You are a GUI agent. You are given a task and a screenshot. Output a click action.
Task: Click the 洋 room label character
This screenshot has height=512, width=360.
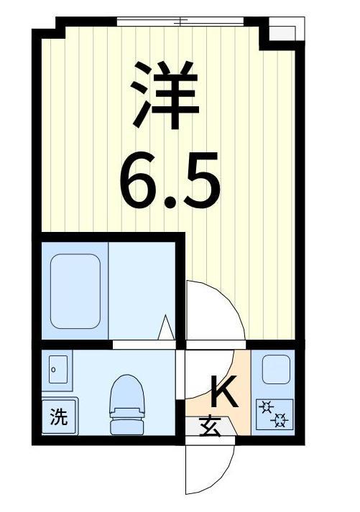tap(165, 94)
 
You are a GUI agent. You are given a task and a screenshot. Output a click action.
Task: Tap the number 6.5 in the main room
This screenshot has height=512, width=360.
tap(170, 180)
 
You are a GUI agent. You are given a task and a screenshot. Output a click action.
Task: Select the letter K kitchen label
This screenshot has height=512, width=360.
tap(223, 391)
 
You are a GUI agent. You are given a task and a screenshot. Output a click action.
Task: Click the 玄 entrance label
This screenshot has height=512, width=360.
tap(210, 427)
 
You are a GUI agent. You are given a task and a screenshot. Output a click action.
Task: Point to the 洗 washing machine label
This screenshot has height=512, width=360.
tap(59, 416)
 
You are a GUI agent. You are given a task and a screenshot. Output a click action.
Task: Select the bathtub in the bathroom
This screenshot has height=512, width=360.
tap(75, 292)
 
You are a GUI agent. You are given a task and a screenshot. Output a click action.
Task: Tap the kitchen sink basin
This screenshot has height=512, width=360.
tap(277, 369)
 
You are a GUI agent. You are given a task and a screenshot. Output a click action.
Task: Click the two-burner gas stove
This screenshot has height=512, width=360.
tap(274, 414)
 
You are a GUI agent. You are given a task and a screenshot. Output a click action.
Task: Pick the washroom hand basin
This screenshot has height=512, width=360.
tap(57, 369)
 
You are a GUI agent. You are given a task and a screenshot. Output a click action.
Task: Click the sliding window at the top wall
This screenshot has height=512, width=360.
tap(180, 22)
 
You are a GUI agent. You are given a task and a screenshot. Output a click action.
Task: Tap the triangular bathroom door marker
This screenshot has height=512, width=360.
tap(166, 327)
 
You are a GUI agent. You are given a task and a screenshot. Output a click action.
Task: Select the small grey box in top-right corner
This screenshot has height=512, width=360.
tap(282, 32)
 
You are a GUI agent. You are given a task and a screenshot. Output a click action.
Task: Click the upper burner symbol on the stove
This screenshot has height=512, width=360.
tap(267, 408)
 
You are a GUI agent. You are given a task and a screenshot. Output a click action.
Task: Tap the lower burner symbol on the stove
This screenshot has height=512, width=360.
tap(280, 421)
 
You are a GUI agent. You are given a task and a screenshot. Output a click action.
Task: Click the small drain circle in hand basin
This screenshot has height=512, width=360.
tap(53, 370)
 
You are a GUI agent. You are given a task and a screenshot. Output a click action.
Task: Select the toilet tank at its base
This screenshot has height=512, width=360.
tap(127, 427)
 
